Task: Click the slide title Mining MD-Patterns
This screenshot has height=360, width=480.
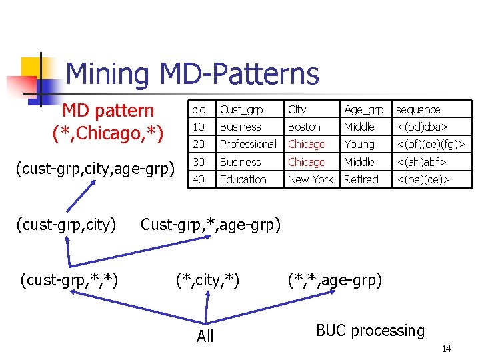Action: tap(193, 73)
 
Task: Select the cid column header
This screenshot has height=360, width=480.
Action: tap(199, 109)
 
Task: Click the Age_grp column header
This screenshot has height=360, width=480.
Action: tap(363, 109)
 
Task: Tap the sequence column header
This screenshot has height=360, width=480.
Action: tap(418, 109)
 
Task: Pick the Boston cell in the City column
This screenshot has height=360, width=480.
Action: tap(304, 127)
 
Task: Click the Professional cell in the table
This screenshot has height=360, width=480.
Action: tap(247, 144)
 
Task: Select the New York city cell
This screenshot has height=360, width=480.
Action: tap(310, 179)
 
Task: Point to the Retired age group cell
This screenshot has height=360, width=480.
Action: tap(361, 179)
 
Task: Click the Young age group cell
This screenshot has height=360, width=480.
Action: tap(359, 144)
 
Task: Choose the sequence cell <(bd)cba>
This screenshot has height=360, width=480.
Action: tap(422, 127)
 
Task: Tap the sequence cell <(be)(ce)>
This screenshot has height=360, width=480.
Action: tap(423, 179)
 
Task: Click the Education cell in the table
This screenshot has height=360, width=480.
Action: tap(243, 179)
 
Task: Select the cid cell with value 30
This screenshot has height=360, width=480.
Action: tap(199, 162)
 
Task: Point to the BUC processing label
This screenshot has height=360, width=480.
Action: tap(370, 331)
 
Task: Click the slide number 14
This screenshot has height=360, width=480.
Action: tap(446, 349)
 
